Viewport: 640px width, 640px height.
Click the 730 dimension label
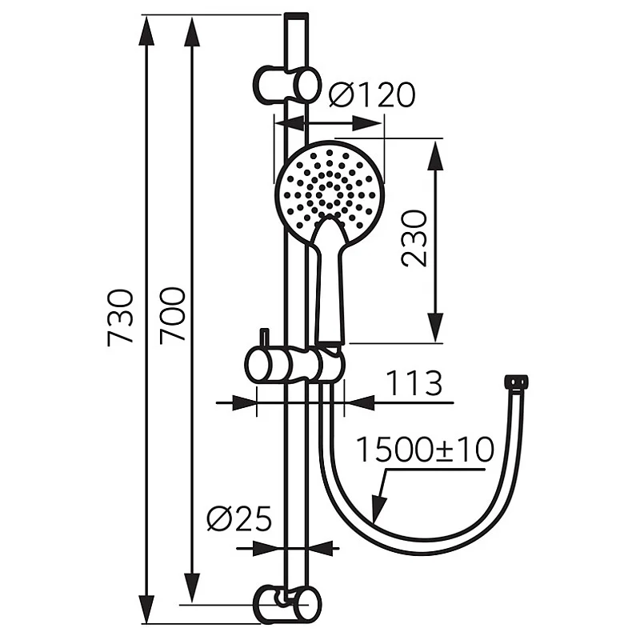121,317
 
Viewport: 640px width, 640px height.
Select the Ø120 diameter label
372,95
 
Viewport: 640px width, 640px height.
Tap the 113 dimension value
414,384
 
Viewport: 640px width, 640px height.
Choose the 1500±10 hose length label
425,450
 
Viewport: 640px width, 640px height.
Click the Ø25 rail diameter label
238,519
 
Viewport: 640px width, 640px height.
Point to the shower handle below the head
330,280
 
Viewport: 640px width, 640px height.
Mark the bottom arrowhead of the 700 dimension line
191,588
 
